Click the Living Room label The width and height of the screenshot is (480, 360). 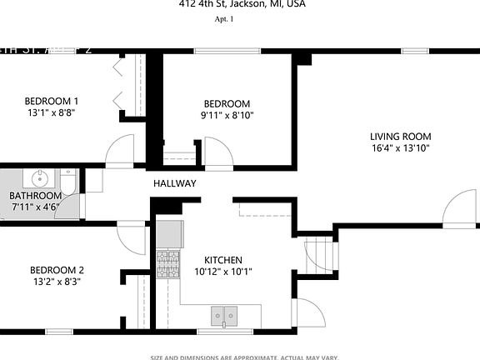coord(400,137)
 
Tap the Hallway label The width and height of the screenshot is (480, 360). coord(174,183)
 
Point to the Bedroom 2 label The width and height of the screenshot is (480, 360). coord(57,270)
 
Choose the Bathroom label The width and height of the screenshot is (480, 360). coord(36,196)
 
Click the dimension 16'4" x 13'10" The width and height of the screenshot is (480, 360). coord(400,148)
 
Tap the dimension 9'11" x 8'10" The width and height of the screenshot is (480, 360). coord(227,116)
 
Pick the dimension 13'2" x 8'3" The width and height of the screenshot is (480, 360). coord(57,282)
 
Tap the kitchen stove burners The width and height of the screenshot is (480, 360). coord(168,265)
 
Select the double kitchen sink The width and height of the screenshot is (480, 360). coord(223,315)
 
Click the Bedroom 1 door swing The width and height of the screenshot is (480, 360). coord(118,151)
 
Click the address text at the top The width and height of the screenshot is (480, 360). coord(242,4)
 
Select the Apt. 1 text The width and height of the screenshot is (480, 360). coord(224,19)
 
